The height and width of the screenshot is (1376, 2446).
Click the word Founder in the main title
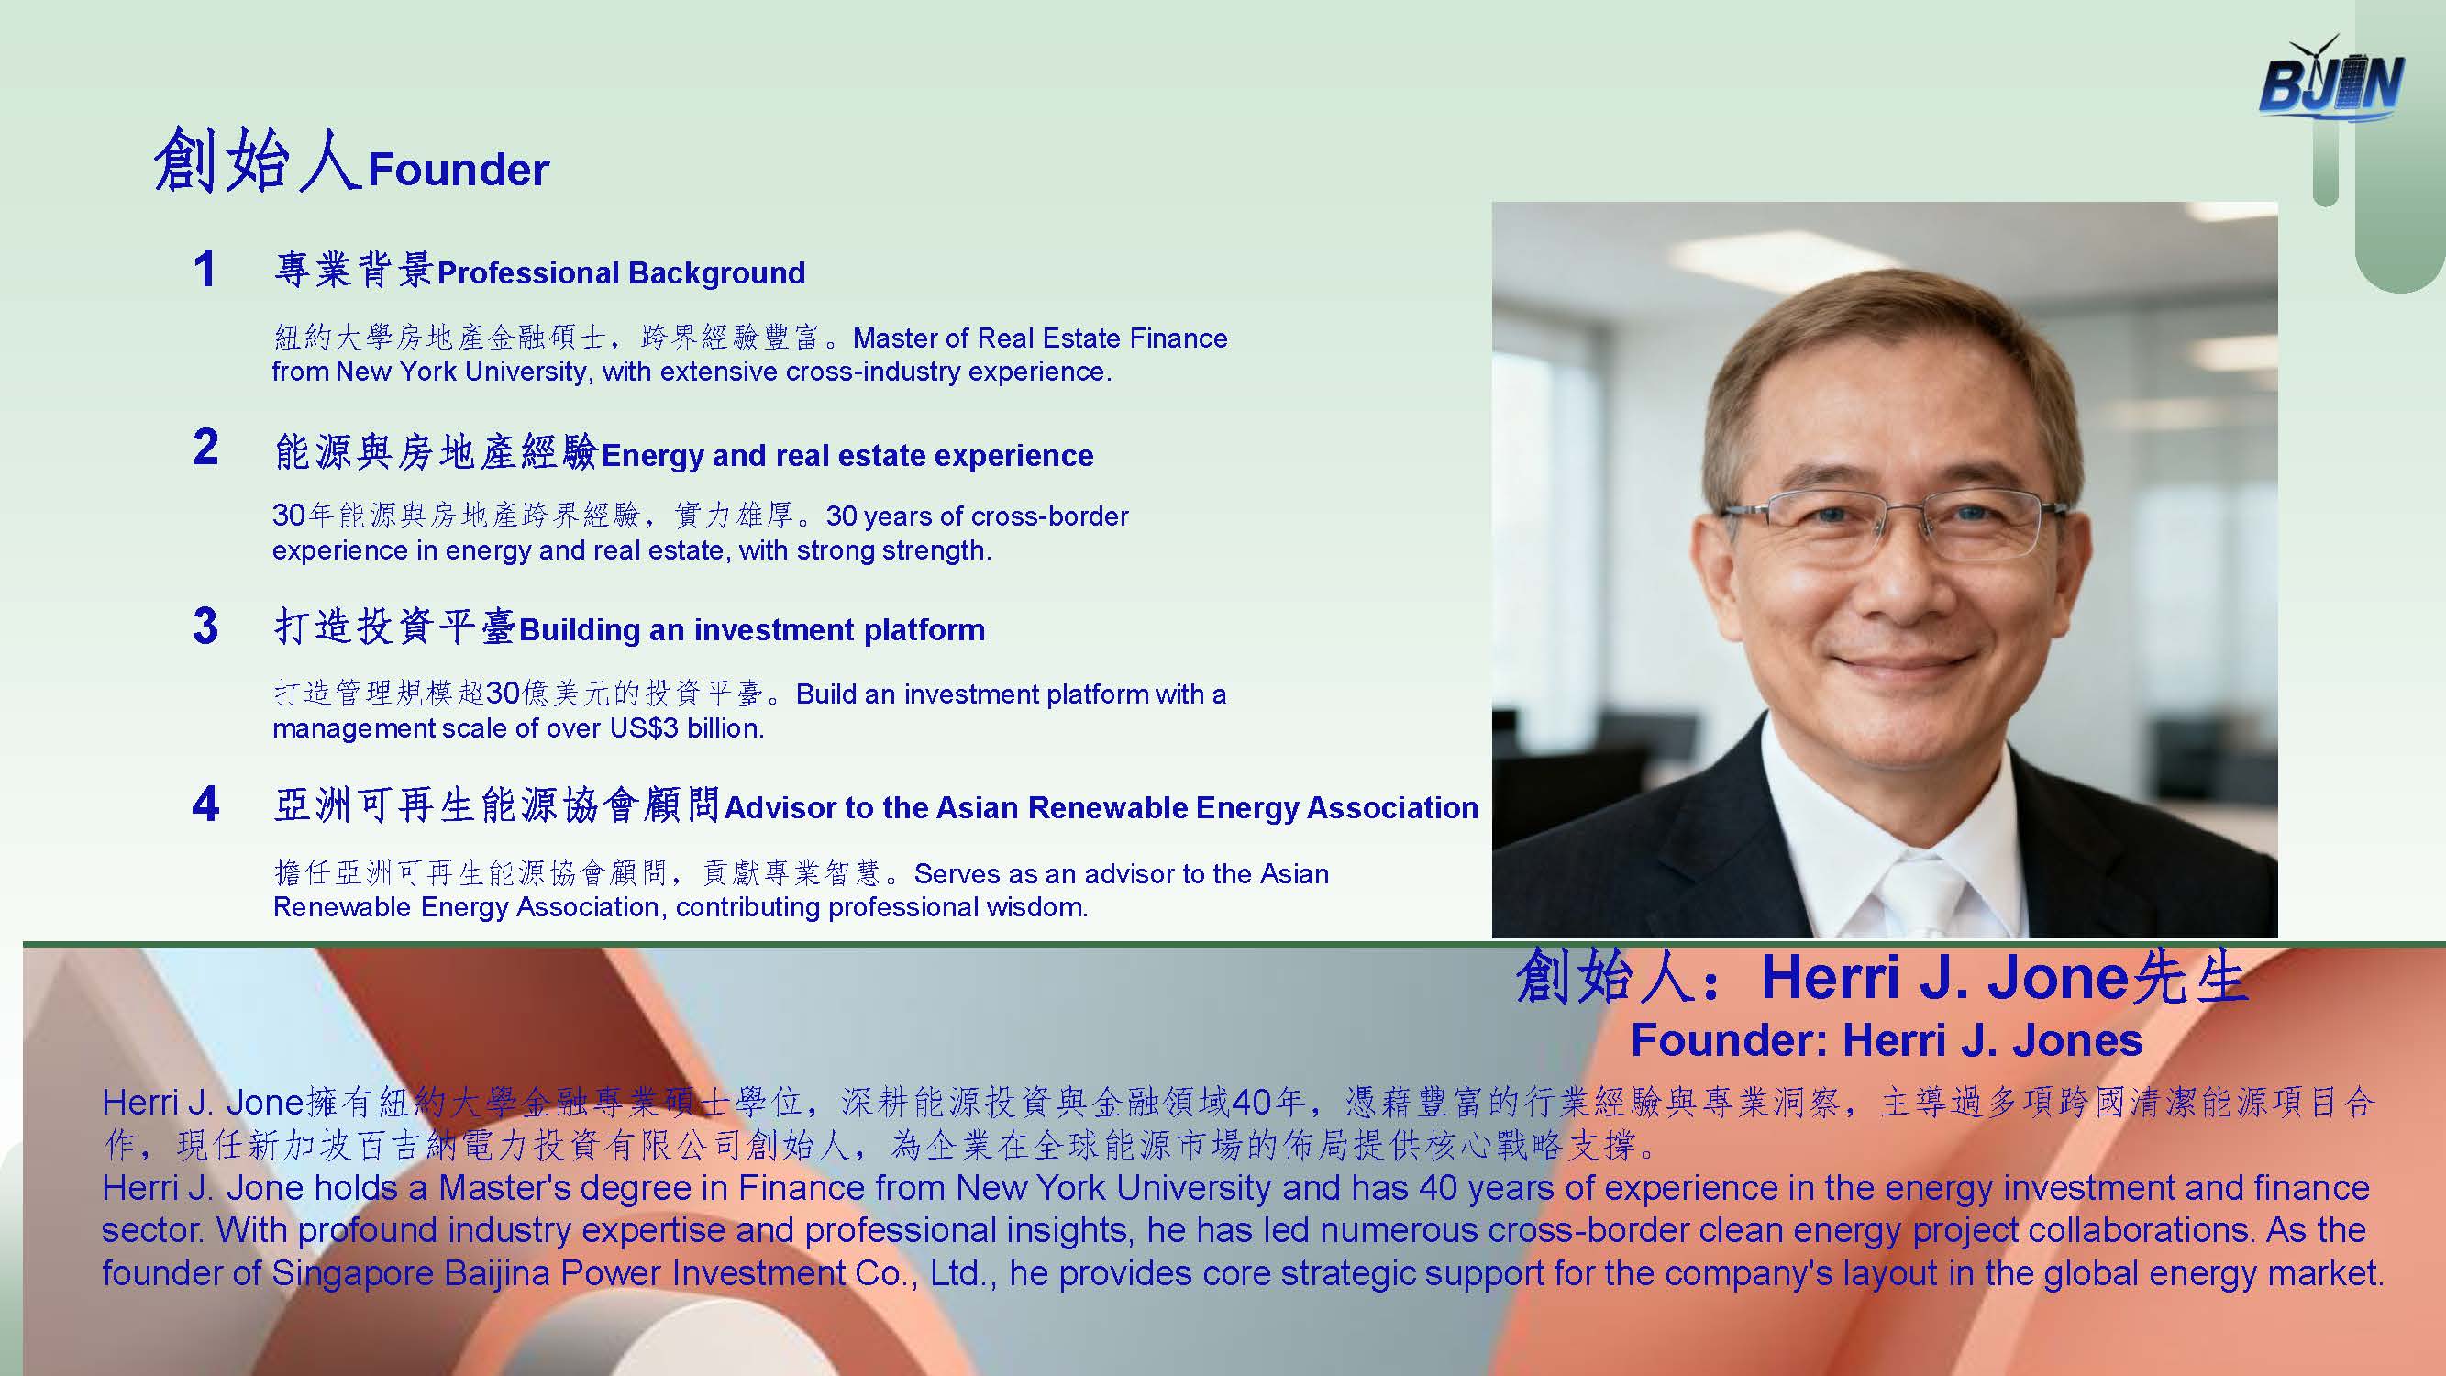pos(459,170)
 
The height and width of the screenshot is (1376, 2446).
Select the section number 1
pos(205,269)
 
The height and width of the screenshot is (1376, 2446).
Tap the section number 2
pos(205,447)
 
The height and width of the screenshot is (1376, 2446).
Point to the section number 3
pos(205,626)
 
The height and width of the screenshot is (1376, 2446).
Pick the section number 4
pos(205,805)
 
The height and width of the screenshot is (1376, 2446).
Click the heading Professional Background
pos(621,273)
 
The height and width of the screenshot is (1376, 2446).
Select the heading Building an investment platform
pos(752,629)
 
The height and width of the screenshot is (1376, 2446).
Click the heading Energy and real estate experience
pos(847,456)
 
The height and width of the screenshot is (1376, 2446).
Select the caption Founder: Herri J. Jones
pos(1887,1041)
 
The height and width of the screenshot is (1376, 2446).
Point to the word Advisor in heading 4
pos(780,808)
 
